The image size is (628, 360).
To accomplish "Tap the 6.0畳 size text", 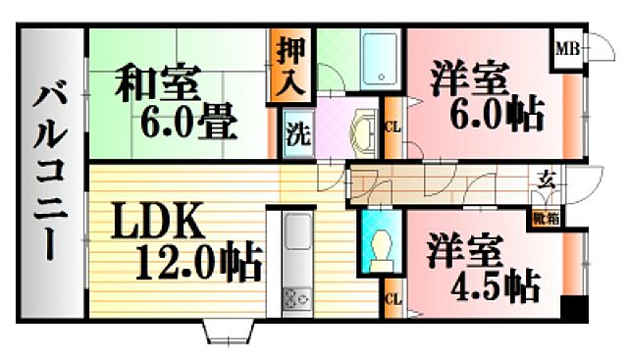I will point(188,125).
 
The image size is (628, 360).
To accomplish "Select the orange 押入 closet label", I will point(291,65).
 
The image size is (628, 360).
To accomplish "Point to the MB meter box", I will point(567,47).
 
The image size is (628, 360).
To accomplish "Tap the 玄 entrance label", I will point(546,180).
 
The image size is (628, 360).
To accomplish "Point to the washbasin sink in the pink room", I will point(362,131).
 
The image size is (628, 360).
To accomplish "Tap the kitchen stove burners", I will point(296,294).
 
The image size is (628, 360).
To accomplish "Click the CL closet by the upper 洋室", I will point(392,127).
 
